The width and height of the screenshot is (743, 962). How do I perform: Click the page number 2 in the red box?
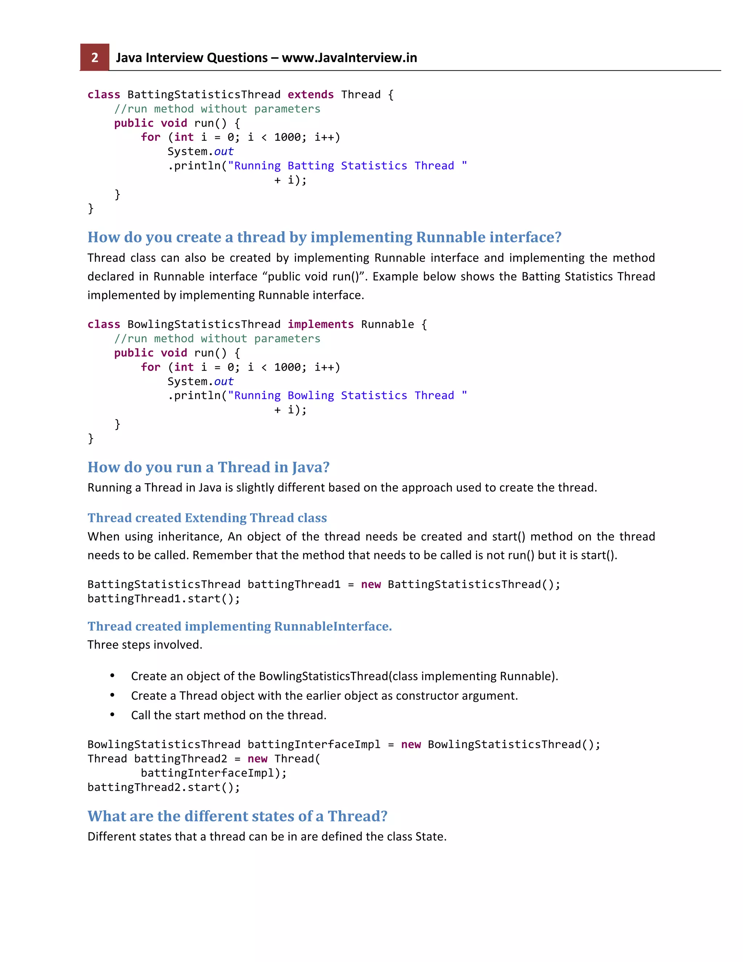coord(95,58)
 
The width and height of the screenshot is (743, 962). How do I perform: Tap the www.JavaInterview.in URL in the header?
coord(349,58)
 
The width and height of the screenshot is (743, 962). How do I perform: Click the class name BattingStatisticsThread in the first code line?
coord(204,95)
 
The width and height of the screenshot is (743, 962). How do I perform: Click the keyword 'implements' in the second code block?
coord(320,325)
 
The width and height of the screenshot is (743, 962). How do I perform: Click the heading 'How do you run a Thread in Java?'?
coord(208,467)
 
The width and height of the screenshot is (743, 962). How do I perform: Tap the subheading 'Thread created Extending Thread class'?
coord(207,518)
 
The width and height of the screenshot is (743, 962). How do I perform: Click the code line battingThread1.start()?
coord(164,599)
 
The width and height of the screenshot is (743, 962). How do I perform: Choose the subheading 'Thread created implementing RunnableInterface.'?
coord(239,626)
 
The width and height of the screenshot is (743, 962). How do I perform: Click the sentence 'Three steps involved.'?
coord(145,645)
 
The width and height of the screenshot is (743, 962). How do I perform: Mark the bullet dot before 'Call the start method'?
coord(113,714)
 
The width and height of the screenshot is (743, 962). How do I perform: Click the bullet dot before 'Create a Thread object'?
coord(113,695)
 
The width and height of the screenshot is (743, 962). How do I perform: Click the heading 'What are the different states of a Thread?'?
coord(237,816)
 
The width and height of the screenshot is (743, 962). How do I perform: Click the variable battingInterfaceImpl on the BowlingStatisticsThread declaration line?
coord(314,745)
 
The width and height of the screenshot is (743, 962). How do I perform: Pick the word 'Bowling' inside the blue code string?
coord(311,396)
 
